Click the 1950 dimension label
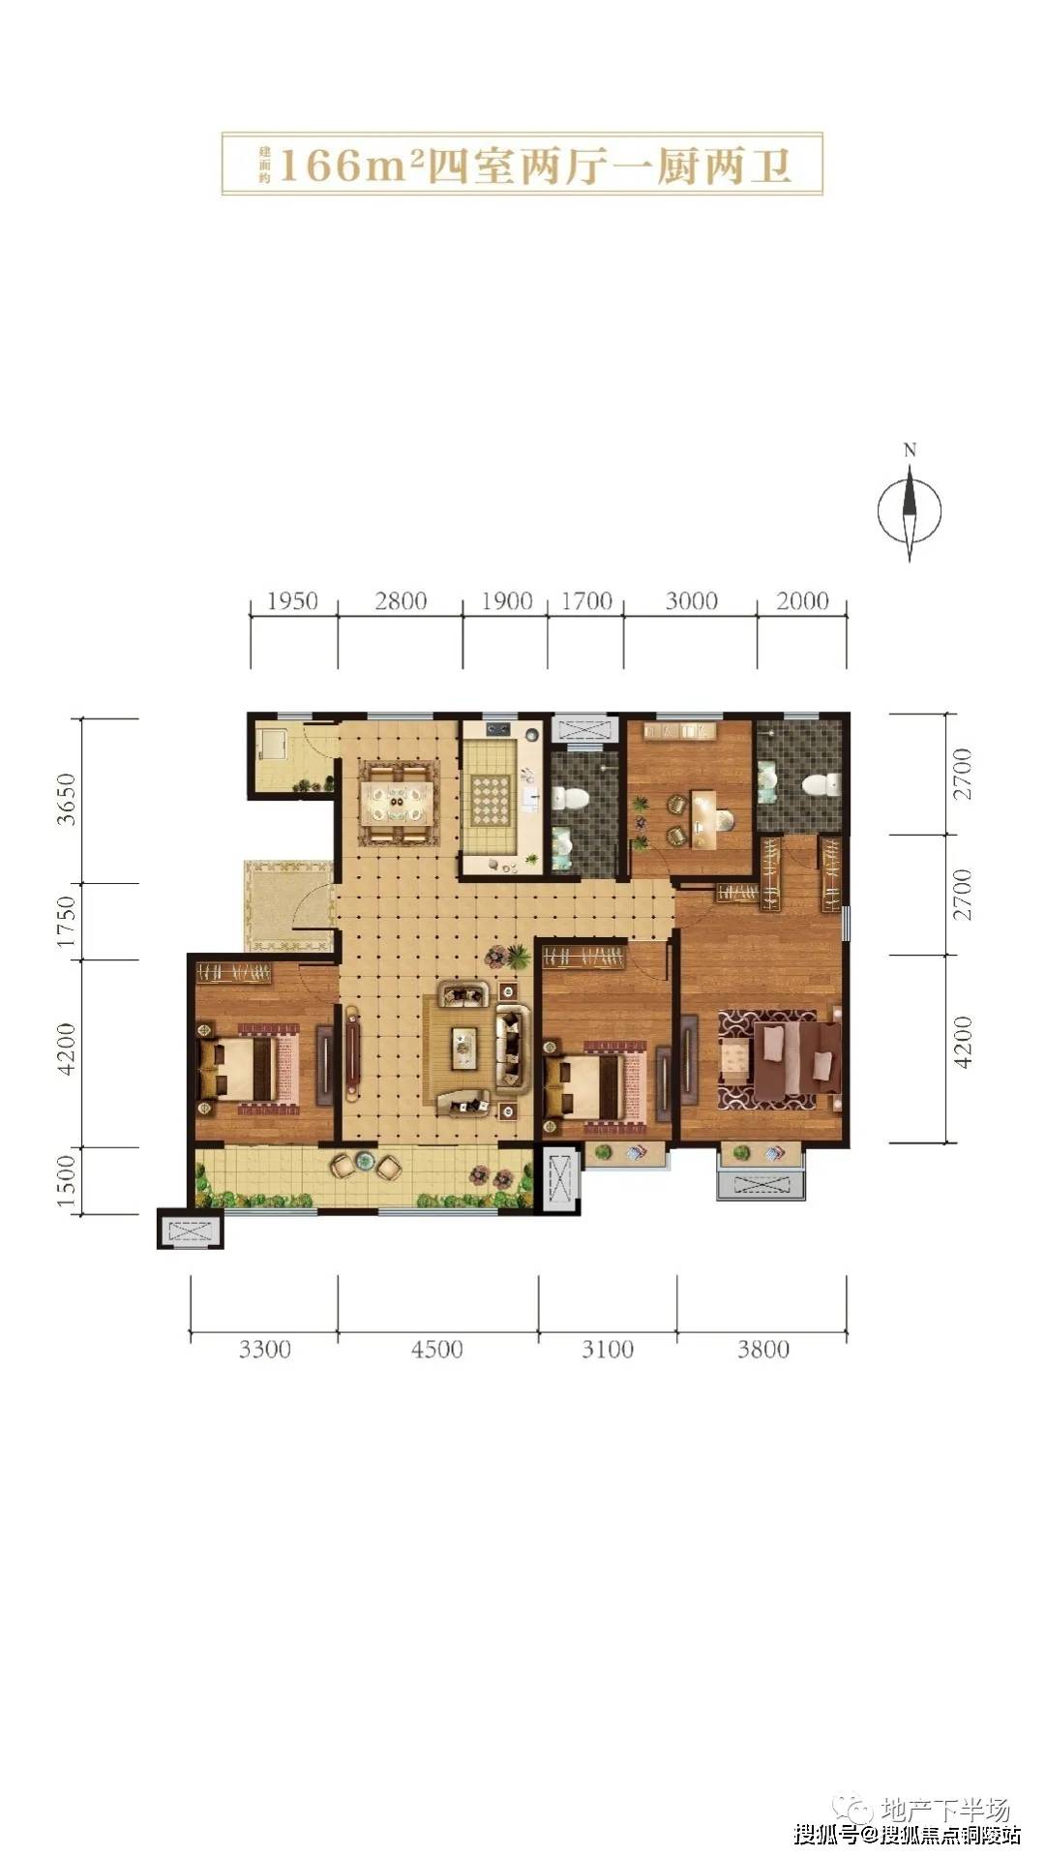292,601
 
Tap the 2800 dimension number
401,601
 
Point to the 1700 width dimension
586,601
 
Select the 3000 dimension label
691,601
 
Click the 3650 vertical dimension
65,799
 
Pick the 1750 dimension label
65,922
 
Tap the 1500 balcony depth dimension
65,1181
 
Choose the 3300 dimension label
264,1349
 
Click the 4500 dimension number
436,1349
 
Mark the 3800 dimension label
763,1349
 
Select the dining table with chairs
397,803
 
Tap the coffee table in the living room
465,1049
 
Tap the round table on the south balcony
365,1159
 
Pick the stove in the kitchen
499,728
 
